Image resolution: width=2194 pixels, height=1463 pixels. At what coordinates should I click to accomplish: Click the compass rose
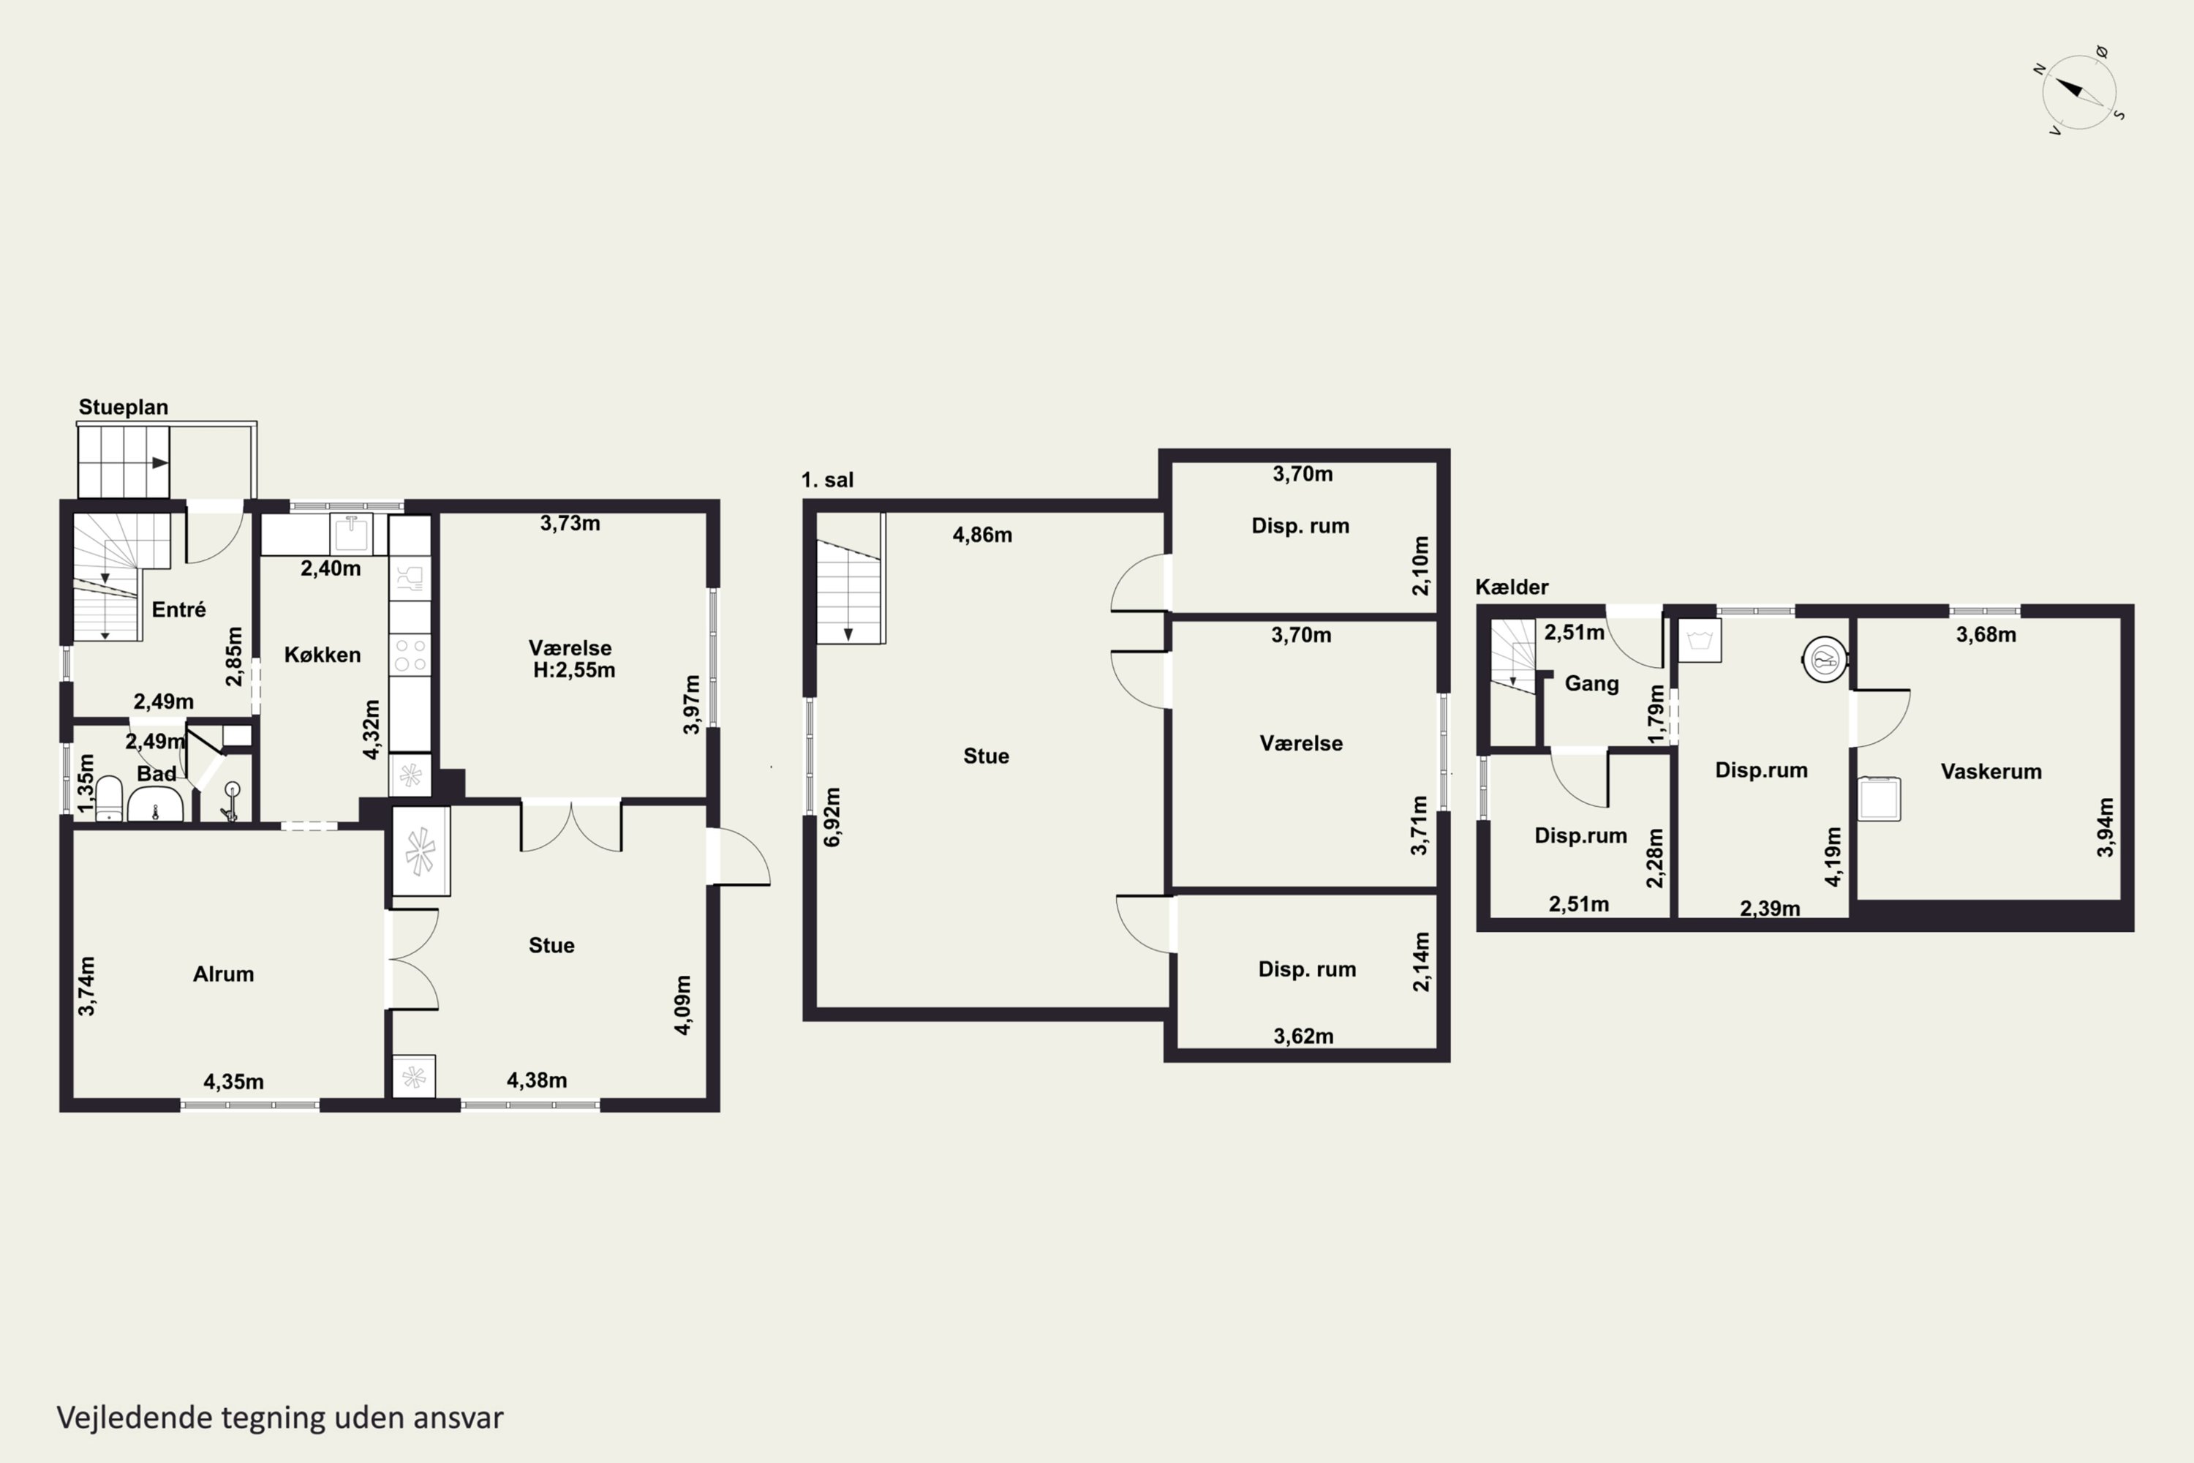click(2079, 91)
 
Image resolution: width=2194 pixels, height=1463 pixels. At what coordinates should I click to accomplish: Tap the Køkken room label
click(323, 655)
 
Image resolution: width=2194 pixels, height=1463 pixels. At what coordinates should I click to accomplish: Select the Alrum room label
click(223, 974)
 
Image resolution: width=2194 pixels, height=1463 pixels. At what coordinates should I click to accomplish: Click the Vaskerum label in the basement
click(1991, 772)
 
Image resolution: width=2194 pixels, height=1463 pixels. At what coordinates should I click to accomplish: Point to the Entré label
click(179, 609)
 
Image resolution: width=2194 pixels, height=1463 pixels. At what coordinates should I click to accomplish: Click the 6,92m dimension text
click(832, 817)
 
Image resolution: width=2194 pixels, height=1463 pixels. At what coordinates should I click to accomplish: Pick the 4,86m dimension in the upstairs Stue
click(982, 535)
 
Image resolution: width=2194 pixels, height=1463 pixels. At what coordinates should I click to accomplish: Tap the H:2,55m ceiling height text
click(573, 670)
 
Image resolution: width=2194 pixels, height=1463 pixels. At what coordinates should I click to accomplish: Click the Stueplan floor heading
click(123, 407)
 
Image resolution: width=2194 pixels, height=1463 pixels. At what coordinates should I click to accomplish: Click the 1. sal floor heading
click(827, 480)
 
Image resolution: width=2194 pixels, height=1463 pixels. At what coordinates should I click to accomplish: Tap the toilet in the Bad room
click(109, 799)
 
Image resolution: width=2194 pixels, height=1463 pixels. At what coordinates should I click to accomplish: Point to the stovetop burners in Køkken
click(410, 653)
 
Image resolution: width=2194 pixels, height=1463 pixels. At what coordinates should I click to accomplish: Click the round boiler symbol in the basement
click(1825, 660)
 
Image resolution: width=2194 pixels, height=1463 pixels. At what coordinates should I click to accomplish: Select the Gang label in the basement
click(1591, 684)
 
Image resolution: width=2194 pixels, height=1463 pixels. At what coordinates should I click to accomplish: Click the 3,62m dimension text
click(1303, 1037)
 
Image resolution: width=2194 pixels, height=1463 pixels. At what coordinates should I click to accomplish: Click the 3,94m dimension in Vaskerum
click(2106, 827)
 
